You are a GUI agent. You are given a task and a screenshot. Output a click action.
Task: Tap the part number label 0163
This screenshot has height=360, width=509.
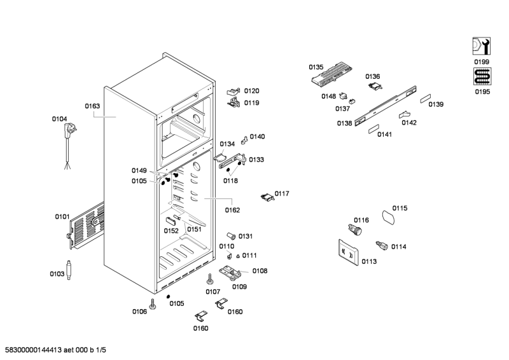point(92,106)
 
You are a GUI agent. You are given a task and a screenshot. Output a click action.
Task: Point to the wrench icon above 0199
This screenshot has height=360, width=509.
point(482,46)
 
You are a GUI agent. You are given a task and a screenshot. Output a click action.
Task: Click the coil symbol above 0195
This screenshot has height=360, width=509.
point(482,76)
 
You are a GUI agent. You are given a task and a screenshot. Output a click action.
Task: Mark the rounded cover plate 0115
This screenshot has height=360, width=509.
point(388,217)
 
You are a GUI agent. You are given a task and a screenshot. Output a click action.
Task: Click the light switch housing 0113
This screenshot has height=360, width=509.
point(348,253)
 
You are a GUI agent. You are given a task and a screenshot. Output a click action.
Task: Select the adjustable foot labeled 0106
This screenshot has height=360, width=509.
point(153,304)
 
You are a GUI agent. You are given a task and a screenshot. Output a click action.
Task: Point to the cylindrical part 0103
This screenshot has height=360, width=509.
point(69,270)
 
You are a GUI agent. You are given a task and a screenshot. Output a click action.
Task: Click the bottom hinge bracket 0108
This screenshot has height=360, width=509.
point(230,273)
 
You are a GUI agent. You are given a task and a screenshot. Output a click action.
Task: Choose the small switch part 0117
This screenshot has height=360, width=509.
point(267,197)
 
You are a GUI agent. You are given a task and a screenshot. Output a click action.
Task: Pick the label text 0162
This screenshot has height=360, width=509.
point(232,211)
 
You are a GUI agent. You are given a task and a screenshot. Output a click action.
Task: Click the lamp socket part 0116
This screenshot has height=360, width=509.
point(355,230)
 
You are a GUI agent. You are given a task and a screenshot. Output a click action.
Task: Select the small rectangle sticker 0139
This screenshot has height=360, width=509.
point(426,99)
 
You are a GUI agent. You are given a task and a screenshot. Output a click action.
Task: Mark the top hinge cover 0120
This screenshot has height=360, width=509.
point(233,92)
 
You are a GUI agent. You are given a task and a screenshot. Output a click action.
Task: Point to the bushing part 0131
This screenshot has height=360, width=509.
point(231,236)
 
